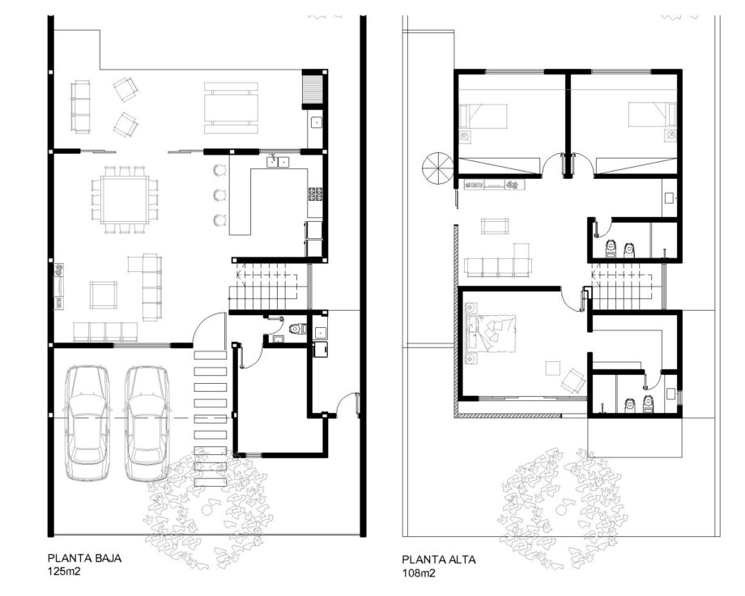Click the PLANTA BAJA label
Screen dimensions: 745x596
tap(84, 558)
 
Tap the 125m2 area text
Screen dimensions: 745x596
tap(64, 571)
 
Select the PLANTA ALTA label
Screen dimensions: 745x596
tap(439, 560)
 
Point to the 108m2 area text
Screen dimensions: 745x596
tap(419, 573)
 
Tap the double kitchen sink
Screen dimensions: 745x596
tap(279, 162)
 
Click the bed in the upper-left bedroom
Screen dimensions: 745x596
tap(483, 116)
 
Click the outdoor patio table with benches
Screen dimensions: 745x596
tap(232, 108)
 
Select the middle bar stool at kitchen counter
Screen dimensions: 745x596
tap(219, 194)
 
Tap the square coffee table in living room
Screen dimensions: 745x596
tap(104, 295)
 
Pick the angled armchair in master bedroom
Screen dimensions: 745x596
tap(573, 381)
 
